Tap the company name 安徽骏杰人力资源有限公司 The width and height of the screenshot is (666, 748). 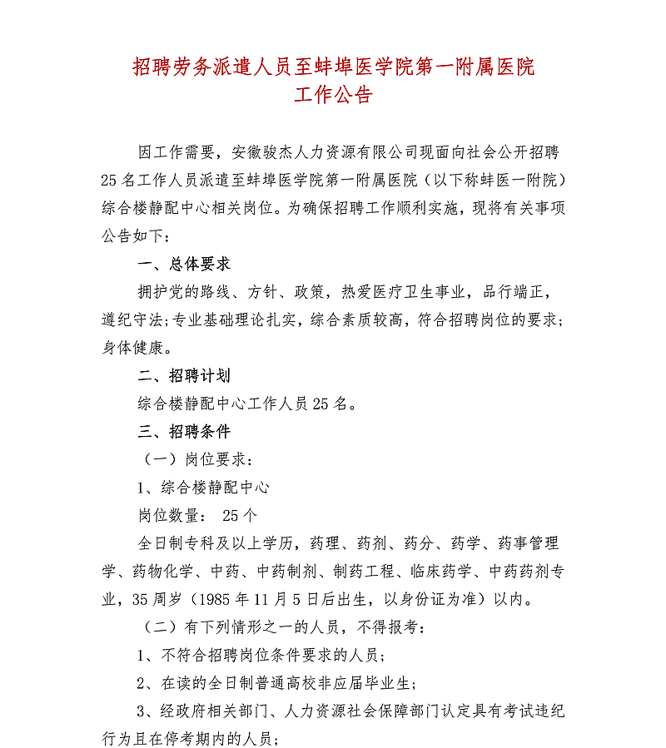point(325,153)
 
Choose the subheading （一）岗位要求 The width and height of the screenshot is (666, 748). point(192,459)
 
